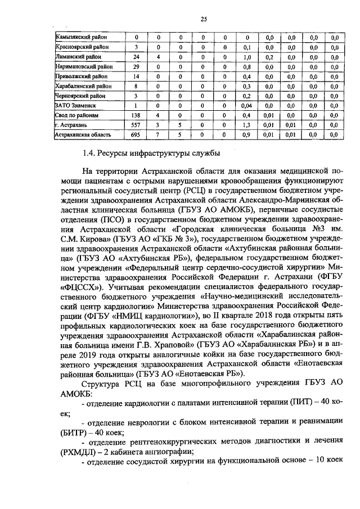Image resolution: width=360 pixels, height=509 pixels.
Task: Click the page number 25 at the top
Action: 204,19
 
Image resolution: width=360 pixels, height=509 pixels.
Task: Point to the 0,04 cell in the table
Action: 246,105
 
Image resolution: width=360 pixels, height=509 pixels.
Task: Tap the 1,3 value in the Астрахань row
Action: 246,125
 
